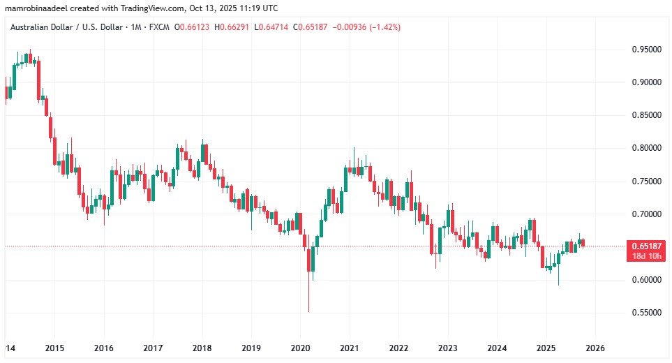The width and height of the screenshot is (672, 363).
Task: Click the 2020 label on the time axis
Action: pyautogui.click(x=300, y=348)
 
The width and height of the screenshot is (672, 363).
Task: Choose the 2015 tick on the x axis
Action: pyautogui.click(x=54, y=348)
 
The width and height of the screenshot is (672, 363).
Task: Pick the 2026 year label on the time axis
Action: pyautogui.click(x=595, y=348)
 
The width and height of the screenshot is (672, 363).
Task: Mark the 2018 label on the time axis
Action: pyautogui.click(x=202, y=348)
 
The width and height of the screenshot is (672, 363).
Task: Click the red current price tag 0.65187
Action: pyautogui.click(x=646, y=246)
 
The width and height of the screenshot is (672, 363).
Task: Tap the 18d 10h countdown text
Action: pyautogui.click(x=646, y=255)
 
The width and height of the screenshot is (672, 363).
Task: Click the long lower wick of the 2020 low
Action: pyautogui.click(x=308, y=293)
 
